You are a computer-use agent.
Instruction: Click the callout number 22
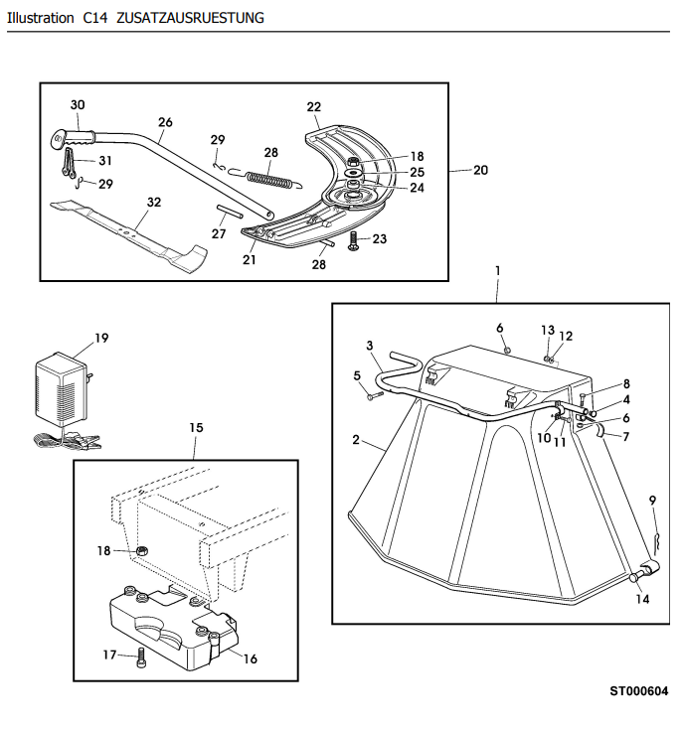pyautogui.click(x=313, y=107)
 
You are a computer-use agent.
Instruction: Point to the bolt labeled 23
pyautogui.click(x=353, y=241)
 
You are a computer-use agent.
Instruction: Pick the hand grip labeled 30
pyautogui.click(x=73, y=138)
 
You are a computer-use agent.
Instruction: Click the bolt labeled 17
pyautogui.click(x=141, y=657)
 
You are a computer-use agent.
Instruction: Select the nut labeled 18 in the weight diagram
pyautogui.click(x=141, y=551)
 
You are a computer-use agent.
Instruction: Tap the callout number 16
pyautogui.click(x=251, y=658)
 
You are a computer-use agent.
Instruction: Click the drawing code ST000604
pyautogui.click(x=639, y=691)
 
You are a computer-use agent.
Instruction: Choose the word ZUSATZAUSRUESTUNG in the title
pyautogui.click(x=190, y=18)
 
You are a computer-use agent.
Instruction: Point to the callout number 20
pyautogui.click(x=481, y=170)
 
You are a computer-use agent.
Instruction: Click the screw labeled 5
pyautogui.click(x=374, y=396)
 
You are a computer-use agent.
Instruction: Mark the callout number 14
pyautogui.click(x=642, y=599)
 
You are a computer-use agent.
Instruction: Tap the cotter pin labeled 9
pyautogui.click(x=656, y=540)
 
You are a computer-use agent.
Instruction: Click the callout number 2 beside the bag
pyautogui.click(x=356, y=439)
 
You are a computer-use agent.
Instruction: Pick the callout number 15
pyautogui.click(x=196, y=428)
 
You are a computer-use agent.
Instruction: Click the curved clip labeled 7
pyautogui.click(x=600, y=430)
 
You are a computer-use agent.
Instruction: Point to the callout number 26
pyautogui.click(x=165, y=122)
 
